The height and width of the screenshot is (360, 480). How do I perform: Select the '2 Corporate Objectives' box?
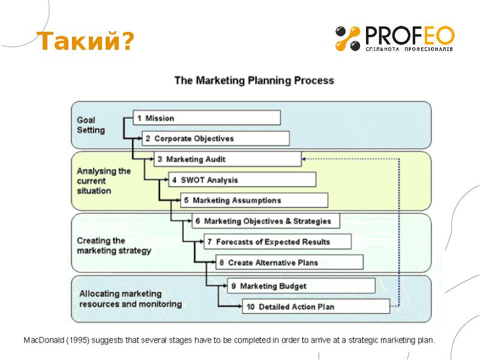point(216,139)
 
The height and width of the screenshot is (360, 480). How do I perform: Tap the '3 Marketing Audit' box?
point(227,160)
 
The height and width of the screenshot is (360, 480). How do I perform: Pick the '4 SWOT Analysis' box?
point(239,180)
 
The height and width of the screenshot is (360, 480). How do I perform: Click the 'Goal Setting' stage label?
point(91,125)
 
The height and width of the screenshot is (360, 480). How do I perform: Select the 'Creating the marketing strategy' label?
point(113,245)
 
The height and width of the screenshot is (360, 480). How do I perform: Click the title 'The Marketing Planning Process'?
point(254,80)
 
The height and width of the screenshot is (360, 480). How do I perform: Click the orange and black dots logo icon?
point(347,38)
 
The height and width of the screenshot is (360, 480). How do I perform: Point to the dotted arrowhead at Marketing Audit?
point(305,159)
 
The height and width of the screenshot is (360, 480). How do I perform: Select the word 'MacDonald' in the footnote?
point(44,340)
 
